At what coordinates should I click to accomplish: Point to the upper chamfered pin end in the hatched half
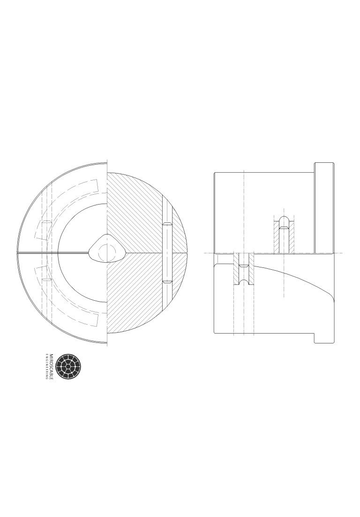tap(167, 224)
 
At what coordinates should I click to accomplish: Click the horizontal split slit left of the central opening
tap(52, 253)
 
